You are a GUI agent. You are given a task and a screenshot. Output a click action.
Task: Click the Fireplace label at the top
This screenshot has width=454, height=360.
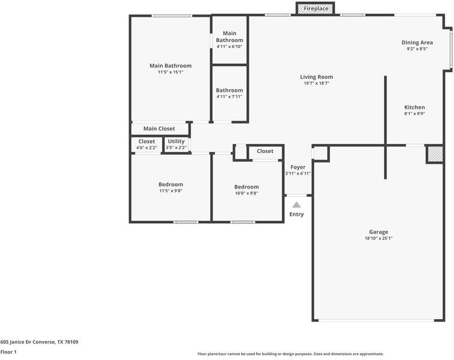pyautogui.click(x=316, y=8)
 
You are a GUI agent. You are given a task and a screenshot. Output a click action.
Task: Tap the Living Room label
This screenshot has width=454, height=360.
pyautogui.click(x=316, y=77)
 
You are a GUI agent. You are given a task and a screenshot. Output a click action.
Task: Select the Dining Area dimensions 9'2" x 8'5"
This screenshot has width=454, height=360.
pyautogui.click(x=417, y=49)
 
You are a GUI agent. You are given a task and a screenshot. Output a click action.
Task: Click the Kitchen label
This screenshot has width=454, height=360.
pyautogui.click(x=414, y=107)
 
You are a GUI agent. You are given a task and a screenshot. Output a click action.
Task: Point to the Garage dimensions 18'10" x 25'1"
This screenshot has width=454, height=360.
pyautogui.click(x=379, y=238)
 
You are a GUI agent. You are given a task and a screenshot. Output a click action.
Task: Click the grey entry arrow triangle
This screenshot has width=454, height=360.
pyautogui.click(x=297, y=205)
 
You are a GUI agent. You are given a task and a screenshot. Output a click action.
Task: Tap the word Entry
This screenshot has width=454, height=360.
pyautogui.click(x=297, y=214)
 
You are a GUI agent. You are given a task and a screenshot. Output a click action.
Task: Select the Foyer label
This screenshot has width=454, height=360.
pyautogui.click(x=298, y=167)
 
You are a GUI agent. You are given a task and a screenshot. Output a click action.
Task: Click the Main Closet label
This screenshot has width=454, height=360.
pyautogui.click(x=159, y=128)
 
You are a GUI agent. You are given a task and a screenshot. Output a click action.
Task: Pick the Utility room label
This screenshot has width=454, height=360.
pyautogui.click(x=176, y=141)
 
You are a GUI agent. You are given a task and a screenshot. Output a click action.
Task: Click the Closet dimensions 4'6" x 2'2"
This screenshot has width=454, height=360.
pyautogui.click(x=147, y=148)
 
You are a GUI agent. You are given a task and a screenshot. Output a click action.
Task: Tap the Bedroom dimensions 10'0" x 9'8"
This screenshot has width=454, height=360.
pyautogui.click(x=246, y=193)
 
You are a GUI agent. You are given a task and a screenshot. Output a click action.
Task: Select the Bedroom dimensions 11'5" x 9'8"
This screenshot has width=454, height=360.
pyautogui.click(x=171, y=191)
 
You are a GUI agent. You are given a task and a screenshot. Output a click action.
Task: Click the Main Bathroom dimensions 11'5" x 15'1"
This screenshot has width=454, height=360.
pyautogui.click(x=171, y=72)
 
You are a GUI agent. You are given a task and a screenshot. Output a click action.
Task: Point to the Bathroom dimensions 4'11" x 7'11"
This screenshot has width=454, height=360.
pyautogui.click(x=229, y=97)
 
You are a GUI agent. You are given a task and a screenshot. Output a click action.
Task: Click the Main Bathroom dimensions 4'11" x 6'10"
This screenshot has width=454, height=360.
pyautogui.click(x=229, y=47)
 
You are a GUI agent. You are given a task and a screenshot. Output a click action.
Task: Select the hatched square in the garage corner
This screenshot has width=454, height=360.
pyautogui.click(x=435, y=154)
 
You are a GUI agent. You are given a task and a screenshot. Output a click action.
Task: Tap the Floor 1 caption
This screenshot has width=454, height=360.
pyautogui.click(x=8, y=352)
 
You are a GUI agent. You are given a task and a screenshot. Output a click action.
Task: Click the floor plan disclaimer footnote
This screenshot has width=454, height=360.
pyautogui.click(x=291, y=354)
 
